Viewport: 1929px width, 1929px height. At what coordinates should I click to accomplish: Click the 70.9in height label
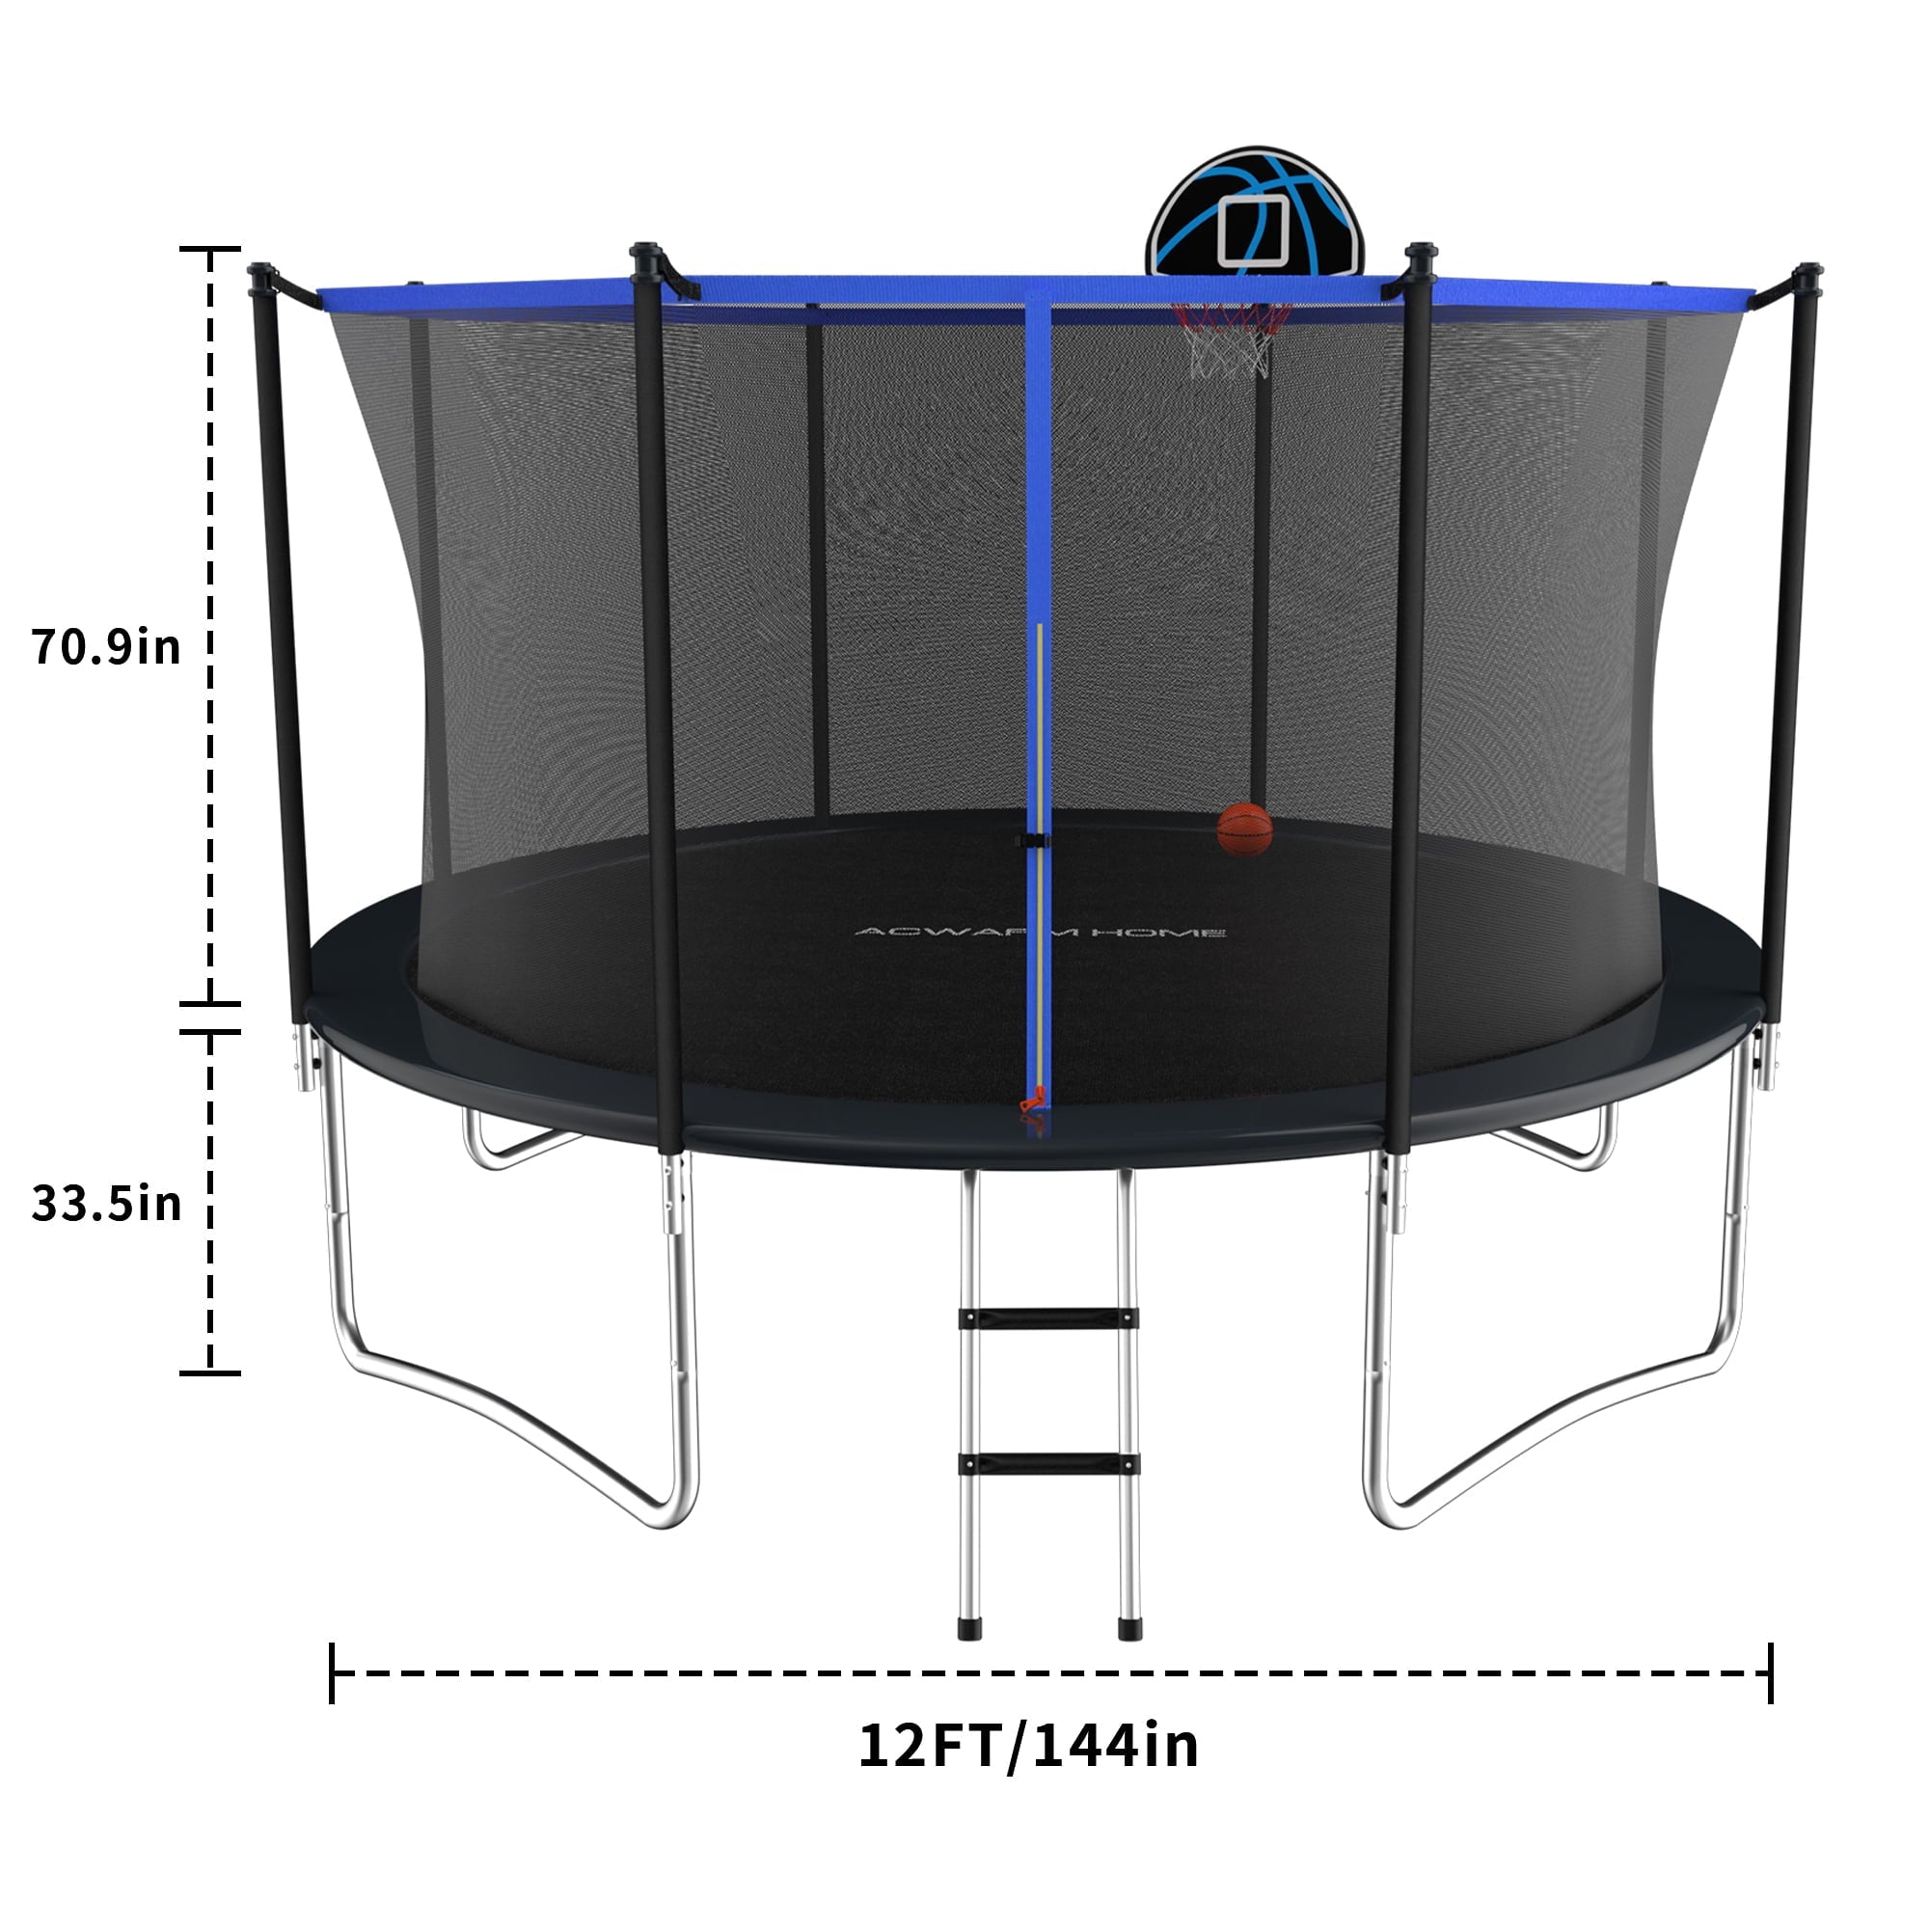(x=106, y=647)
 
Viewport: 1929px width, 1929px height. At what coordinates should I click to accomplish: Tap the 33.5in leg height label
(x=106, y=1203)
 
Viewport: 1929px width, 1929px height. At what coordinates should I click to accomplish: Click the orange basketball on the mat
(x=1244, y=829)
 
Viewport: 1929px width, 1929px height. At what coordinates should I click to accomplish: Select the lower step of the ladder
(x=1048, y=1464)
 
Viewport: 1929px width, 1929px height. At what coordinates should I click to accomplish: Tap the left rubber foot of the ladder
(x=968, y=1628)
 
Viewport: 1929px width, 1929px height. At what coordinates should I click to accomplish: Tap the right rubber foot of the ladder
(x=1128, y=1628)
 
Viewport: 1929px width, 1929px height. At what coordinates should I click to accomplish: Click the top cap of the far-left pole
(x=261, y=271)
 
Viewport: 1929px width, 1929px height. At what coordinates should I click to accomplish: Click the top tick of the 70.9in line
(x=209, y=249)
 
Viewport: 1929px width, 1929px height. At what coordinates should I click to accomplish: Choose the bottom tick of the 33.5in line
(x=209, y=1372)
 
